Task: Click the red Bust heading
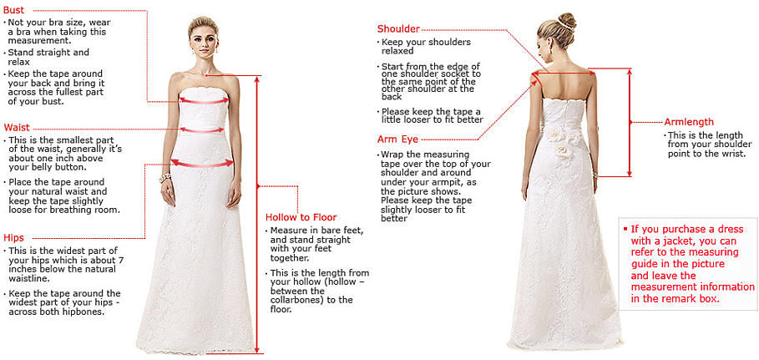[x=13, y=9]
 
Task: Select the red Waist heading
[x=17, y=127]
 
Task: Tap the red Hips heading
[x=13, y=238]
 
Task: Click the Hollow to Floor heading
[x=301, y=217]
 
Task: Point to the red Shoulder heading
[x=398, y=29]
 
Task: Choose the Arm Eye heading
[x=397, y=139]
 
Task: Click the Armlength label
[x=689, y=122]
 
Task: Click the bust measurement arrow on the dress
[x=204, y=100]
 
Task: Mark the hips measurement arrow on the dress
[x=202, y=163]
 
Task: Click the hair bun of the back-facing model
[x=567, y=19]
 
